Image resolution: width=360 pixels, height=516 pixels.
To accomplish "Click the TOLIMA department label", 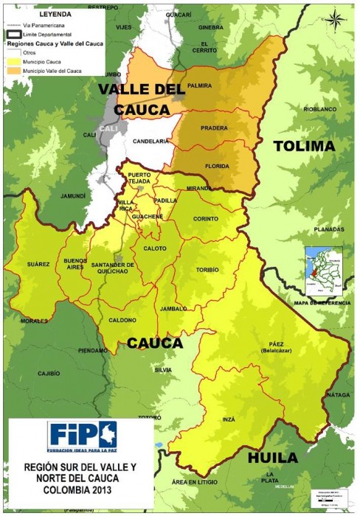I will click(x=304, y=146).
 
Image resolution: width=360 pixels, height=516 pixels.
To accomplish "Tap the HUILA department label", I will click(x=273, y=457).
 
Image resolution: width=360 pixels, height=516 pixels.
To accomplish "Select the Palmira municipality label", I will click(x=200, y=86).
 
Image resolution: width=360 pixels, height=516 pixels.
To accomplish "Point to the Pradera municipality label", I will click(x=215, y=127).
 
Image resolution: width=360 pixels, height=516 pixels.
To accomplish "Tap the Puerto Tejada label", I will click(x=139, y=178).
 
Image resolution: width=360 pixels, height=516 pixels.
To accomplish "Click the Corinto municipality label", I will click(x=206, y=219).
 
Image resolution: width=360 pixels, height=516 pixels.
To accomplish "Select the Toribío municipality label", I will click(x=207, y=270).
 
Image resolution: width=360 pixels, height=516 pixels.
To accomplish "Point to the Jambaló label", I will click(x=174, y=309).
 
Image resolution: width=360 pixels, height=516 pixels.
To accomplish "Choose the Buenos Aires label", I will click(x=75, y=264).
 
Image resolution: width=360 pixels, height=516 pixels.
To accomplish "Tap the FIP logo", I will click(x=82, y=435).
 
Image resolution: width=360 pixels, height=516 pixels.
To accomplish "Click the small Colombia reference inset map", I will click(x=325, y=271).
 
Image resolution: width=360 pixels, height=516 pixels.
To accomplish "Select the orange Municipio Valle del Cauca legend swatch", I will click(x=15, y=71).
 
